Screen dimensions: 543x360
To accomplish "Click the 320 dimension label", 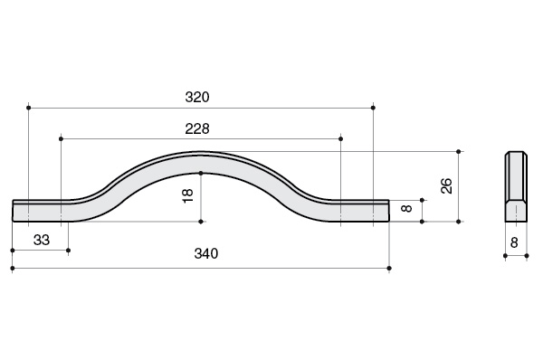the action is (197, 97).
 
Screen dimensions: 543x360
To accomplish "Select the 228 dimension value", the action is (197, 128).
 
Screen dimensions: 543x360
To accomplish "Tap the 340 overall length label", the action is (206, 253).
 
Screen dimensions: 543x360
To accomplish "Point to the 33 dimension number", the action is (42, 240).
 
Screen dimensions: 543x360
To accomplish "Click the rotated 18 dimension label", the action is (187, 196).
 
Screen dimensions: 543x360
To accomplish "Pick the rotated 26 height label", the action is (446, 186).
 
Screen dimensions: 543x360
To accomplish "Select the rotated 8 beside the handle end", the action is (406, 208).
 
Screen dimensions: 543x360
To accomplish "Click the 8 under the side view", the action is (514, 242).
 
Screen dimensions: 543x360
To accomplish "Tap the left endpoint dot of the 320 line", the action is (28, 108).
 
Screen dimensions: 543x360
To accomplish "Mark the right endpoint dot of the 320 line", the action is (373, 108).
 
